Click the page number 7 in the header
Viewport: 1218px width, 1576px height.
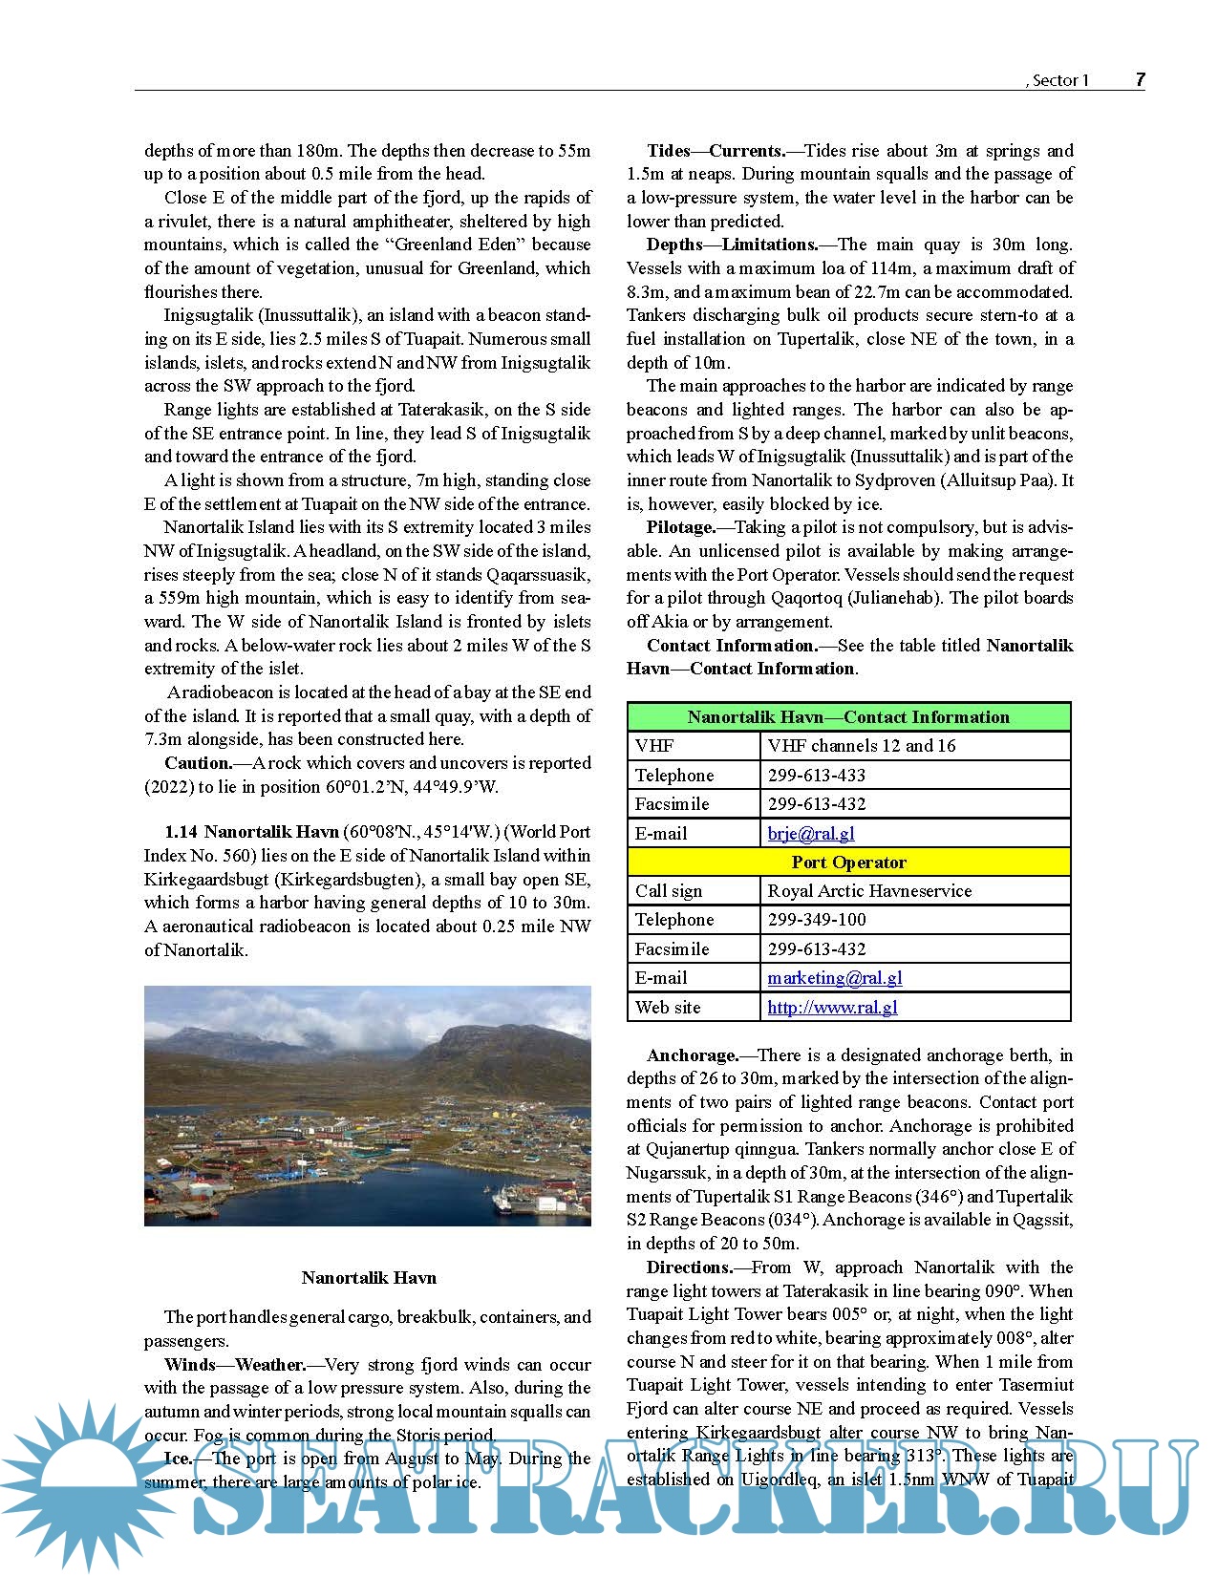click(x=1140, y=80)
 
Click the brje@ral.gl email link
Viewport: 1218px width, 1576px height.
click(x=810, y=833)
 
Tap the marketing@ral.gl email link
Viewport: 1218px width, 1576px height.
click(x=834, y=977)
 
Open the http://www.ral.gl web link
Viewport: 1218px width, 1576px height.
click(x=832, y=1007)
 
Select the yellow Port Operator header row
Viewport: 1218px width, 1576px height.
click(x=848, y=862)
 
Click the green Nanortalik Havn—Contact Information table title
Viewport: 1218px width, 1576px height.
click(x=848, y=716)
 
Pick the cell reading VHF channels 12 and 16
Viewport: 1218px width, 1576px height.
click(x=861, y=745)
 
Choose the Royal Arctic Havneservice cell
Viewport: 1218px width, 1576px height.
click(x=869, y=890)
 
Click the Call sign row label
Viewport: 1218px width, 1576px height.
click(x=668, y=890)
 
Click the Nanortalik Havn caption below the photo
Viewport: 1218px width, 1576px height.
click(x=368, y=1277)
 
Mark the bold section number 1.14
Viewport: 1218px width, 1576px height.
click(x=181, y=832)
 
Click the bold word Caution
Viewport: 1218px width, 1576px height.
click(x=198, y=763)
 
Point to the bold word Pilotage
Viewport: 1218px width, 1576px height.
click(x=680, y=527)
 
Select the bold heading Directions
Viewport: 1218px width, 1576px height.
click(x=689, y=1267)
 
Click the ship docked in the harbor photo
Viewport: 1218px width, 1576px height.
click(x=506, y=1197)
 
